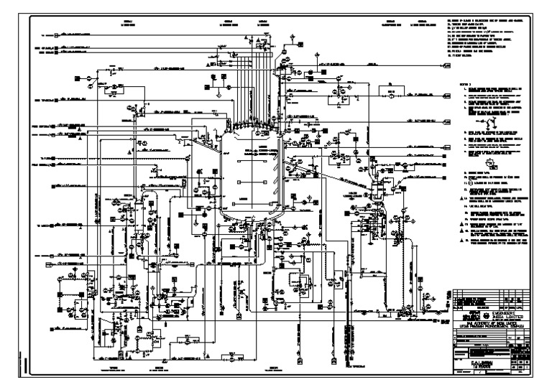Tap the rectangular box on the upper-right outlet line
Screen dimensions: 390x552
pyautogui.click(x=392, y=93)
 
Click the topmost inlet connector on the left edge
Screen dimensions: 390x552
pyautogui.click(x=50, y=34)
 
